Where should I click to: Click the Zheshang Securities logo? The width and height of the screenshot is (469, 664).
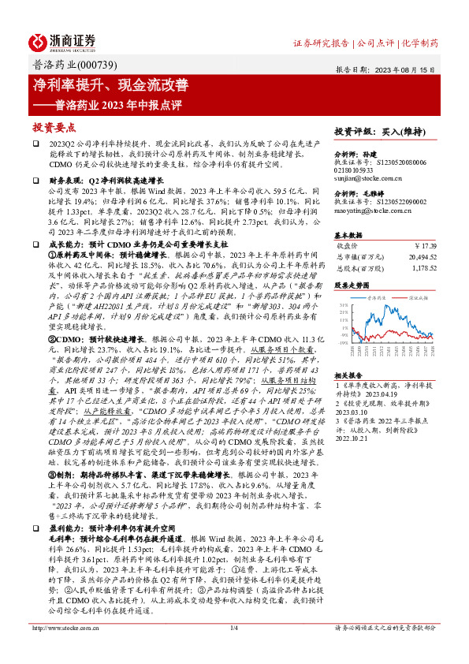[x=62, y=42]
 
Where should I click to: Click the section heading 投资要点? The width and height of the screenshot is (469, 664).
[x=54, y=126]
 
